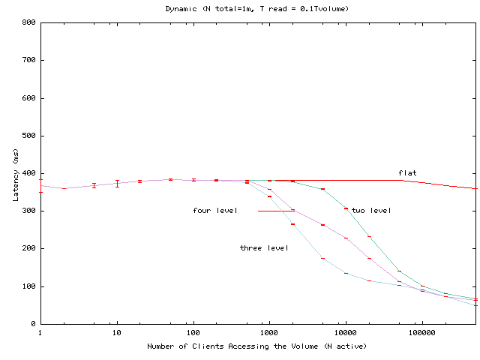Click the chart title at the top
click(x=256, y=8)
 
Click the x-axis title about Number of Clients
click(x=257, y=346)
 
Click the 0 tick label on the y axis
click(x=33, y=324)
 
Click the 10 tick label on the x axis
click(x=116, y=332)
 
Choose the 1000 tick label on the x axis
click(x=268, y=332)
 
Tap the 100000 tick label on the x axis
click(x=421, y=332)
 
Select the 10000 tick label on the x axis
click(x=345, y=332)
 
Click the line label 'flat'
click(x=407, y=173)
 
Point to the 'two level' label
click(x=371, y=211)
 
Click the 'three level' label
click(x=263, y=248)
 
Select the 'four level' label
click(x=215, y=211)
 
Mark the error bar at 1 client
click(x=40, y=186)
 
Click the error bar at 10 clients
click(x=117, y=183)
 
